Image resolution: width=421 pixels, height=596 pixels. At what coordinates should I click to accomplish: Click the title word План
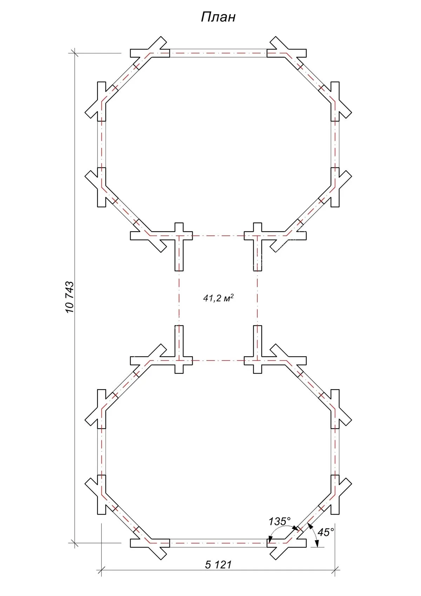(218, 17)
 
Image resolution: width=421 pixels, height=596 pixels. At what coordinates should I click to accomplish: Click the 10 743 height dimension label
(69, 297)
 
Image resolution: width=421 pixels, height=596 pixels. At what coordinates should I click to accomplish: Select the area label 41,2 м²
(218, 298)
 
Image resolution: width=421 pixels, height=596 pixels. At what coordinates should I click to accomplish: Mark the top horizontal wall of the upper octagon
(218, 53)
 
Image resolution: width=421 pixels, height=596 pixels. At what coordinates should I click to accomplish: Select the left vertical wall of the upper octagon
(102, 144)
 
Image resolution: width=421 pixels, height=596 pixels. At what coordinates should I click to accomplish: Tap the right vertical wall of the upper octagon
(335, 144)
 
